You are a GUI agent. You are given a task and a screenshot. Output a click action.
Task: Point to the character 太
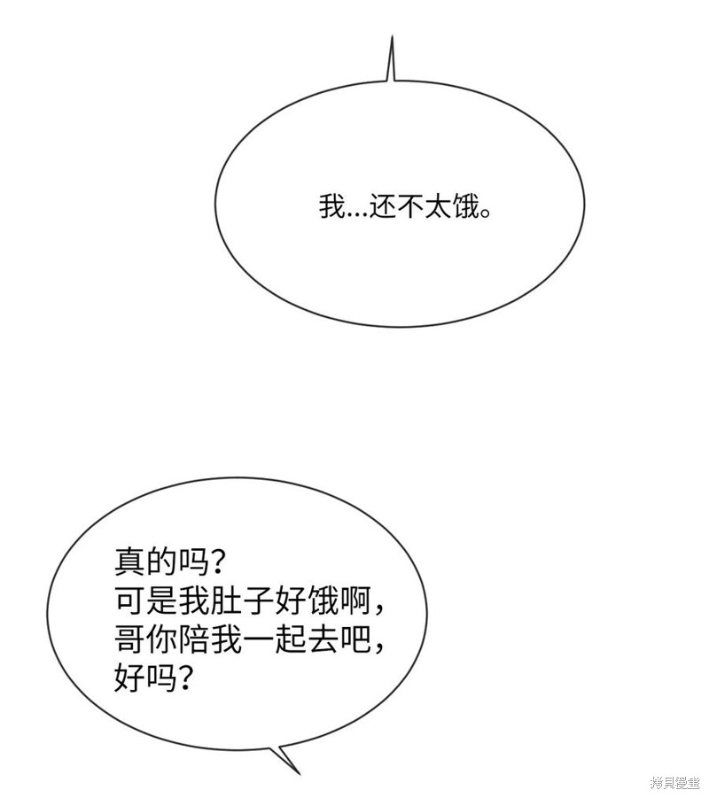click(438, 207)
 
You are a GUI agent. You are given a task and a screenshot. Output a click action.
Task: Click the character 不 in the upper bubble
click(410, 207)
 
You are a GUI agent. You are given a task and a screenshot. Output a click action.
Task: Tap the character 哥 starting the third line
click(129, 639)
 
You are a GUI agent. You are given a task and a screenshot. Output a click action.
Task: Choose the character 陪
click(192, 639)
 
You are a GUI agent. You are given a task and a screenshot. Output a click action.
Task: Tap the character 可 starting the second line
click(129, 601)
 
